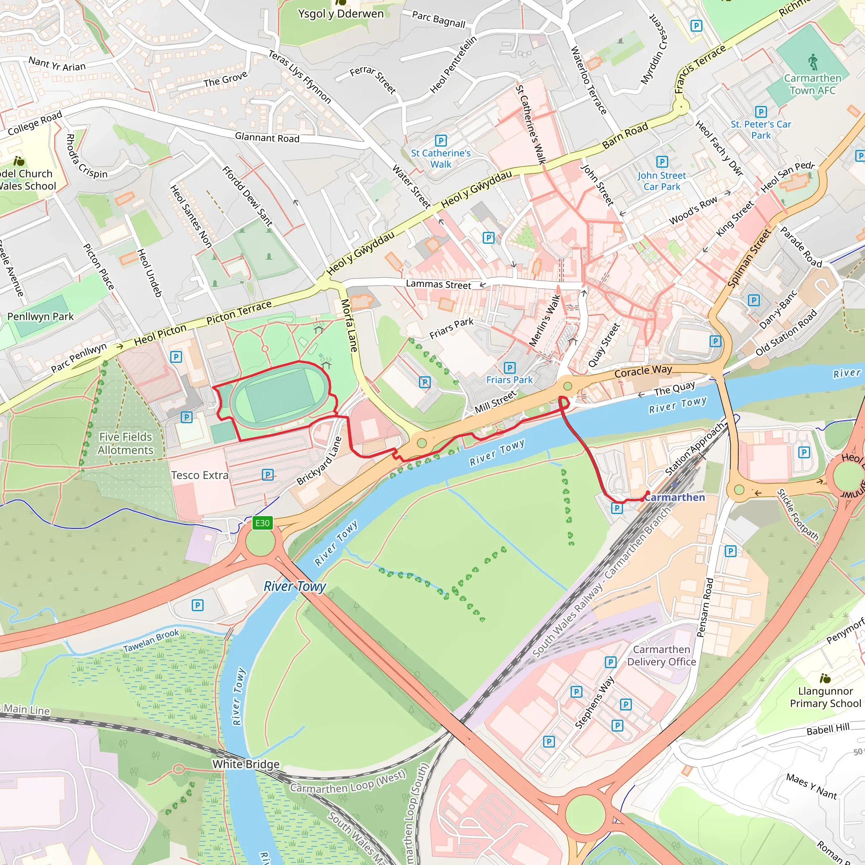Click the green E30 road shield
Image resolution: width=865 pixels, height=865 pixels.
[x=262, y=523]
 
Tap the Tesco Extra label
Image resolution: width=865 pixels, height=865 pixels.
[x=200, y=475]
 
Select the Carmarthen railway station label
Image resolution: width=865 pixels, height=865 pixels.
[x=674, y=498]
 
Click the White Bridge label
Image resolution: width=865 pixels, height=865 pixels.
[x=246, y=764]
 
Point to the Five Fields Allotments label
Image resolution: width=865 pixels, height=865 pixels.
[x=125, y=443]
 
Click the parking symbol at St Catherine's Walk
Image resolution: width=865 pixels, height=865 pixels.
[x=441, y=141]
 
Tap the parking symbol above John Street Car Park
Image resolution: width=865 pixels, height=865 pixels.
[x=662, y=162]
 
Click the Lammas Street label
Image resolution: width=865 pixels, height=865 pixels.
[x=438, y=284]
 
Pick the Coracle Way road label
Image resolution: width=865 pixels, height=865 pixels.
[x=643, y=371]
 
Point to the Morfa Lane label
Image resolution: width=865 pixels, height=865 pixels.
[x=349, y=325]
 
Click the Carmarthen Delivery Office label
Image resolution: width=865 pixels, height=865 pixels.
[x=661, y=656]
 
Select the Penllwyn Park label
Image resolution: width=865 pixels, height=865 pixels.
[x=40, y=316]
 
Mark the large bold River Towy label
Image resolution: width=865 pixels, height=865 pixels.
[x=295, y=587]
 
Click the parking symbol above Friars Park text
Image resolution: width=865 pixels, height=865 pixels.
[x=509, y=368]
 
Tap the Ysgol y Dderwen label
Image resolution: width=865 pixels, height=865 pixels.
[x=341, y=14]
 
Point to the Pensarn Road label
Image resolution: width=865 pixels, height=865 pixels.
[x=705, y=607]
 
